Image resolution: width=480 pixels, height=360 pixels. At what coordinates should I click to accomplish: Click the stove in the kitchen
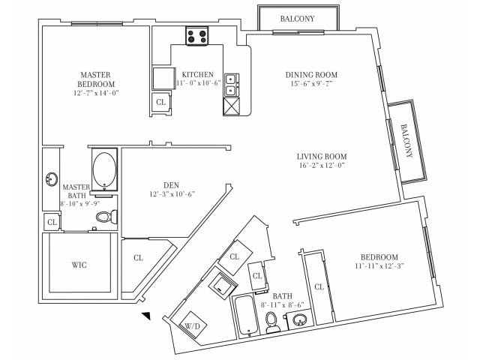pos(197,35)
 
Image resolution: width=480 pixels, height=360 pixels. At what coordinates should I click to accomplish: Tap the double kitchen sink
pos(231,84)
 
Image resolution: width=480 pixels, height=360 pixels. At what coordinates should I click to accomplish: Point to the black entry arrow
pos(147,316)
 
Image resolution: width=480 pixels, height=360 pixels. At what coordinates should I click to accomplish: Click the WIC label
pos(79,265)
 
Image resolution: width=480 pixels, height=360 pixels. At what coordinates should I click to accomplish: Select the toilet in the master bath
pos(105,217)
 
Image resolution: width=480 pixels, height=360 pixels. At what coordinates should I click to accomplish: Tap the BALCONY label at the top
pos(298,18)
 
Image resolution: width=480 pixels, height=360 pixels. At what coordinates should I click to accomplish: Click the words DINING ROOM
pos(311,75)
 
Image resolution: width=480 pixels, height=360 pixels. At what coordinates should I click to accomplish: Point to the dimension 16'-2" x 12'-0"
pos(320,166)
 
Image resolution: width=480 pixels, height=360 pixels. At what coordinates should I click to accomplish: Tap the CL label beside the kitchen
pos(160,102)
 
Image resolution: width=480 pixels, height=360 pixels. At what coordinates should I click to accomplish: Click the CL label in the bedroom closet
pos(319,286)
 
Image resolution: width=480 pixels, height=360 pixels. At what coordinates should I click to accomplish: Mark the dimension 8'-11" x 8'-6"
pos(283,305)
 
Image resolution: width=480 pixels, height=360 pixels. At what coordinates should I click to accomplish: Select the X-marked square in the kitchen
pos(231,107)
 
